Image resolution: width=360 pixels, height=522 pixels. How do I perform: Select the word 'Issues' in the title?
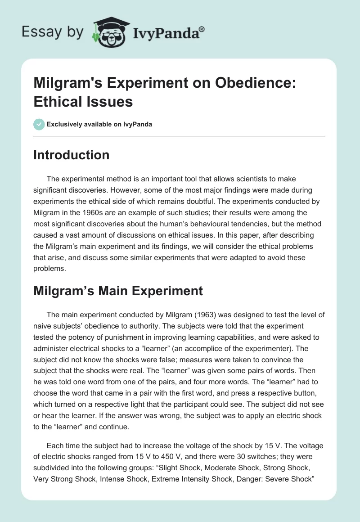point(112,102)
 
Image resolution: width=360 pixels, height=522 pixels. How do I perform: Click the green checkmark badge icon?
point(39,124)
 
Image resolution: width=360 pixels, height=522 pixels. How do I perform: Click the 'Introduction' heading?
point(71,155)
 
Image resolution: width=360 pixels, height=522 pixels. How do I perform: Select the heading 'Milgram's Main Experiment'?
point(118,291)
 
